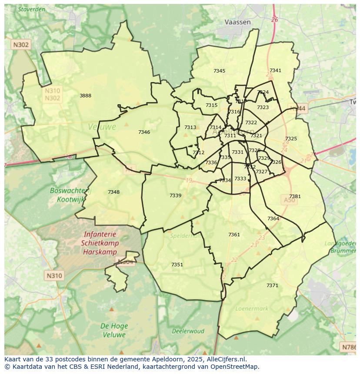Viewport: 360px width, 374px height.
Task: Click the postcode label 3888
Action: tap(85, 96)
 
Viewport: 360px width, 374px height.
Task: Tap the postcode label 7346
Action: tap(144, 132)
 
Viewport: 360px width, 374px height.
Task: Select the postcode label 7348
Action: tap(113, 192)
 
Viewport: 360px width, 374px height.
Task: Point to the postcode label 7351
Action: tap(177, 265)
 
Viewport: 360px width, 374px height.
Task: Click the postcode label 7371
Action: tap(272, 285)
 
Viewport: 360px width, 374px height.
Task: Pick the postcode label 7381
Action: tap(295, 196)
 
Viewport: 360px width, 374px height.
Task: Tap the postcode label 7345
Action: tap(219, 71)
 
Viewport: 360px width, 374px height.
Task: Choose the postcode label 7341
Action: tap(275, 70)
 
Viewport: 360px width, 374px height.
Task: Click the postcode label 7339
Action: tap(175, 195)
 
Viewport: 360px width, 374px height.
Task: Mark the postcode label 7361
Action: tap(234, 235)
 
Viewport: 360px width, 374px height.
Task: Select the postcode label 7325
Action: tap(291, 139)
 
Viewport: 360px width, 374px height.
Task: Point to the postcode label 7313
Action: tap(190, 127)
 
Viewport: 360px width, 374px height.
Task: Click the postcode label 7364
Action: tap(273, 218)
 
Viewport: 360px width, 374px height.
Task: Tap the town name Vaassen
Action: tap(238, 22)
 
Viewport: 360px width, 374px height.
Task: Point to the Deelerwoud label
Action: tap(188, 331)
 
